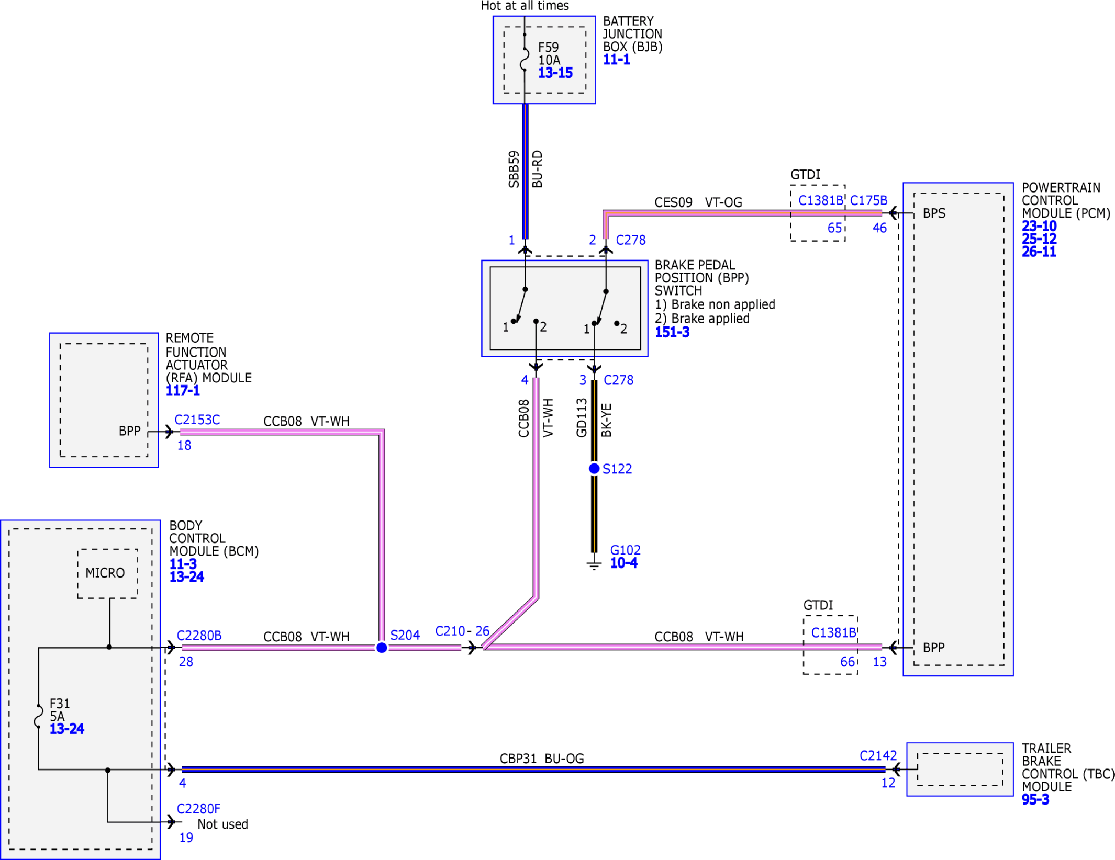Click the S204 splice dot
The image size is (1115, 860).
(x=382, y=648)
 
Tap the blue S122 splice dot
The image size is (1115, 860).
(x=594, y=468)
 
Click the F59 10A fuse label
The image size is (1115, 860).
(x=549, y=54)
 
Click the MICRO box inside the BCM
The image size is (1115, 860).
(x=107, y=573)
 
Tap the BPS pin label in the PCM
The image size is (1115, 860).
(x=934, y=213)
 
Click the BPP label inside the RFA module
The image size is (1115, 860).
(x=129, y=431)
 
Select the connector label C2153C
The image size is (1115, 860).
(x=197, y=420)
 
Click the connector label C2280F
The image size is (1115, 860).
(x=199, y=809)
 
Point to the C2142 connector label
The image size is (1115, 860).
(x=878, y=756)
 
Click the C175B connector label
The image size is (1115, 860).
(x=868, y=200)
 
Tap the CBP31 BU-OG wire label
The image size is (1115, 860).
(x=542, y=759)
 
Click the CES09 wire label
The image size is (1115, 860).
(x=673, y=202)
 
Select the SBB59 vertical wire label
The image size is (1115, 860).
(x=514, y=169)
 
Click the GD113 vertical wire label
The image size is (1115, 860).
(x=582, y=417)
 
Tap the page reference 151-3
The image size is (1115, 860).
(x=672, y=332)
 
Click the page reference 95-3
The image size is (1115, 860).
(x=1035, y=799)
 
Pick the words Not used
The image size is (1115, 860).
(x=222, y=824)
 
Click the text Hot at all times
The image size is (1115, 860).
(x=525, y=6)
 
